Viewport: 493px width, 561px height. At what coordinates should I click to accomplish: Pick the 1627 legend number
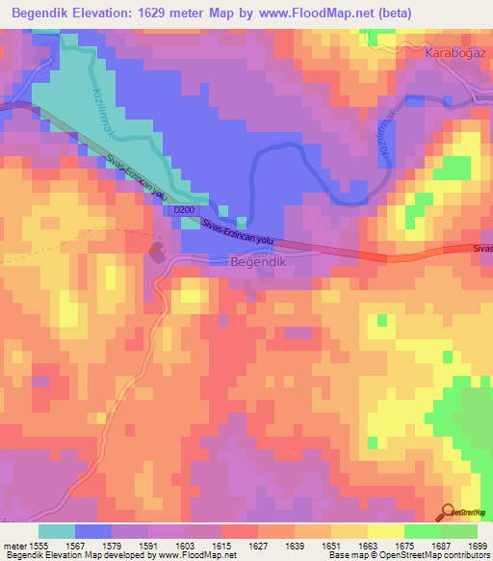pyautogui.click(x=258, y=544)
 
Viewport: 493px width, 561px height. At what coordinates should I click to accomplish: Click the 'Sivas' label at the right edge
pyautogui.click(x=482, y=249)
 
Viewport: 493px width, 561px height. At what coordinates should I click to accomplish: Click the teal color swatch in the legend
pyautogui.click(x=57, y=530)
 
